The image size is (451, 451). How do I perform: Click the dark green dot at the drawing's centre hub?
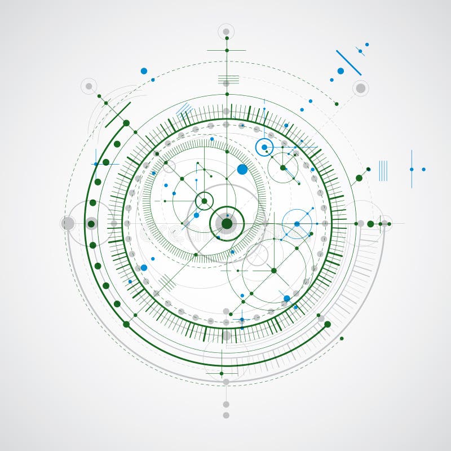[227, 224]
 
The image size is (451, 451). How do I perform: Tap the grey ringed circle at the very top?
[226, 32]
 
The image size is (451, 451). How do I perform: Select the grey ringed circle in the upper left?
[89, 86]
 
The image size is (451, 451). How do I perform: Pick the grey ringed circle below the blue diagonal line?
[360, 88]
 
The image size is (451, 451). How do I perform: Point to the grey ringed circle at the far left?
[68, 223]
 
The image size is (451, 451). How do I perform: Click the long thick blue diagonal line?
[348, 63]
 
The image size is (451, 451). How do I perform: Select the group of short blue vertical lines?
[383, 170]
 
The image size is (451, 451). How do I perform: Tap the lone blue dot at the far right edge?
[423, 169]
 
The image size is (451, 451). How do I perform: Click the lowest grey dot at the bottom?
[226, 415]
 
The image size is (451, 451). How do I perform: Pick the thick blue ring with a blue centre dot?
[264, 147]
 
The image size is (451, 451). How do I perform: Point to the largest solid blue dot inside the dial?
[242, 169]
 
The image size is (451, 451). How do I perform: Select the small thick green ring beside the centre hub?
[204, 201]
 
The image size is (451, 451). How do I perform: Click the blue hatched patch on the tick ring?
[184, 109]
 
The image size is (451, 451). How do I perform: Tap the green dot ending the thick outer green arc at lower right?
[328, 324]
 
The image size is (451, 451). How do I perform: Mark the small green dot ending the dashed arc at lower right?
[341, 338]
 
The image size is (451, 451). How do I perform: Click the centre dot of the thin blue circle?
[297, 224]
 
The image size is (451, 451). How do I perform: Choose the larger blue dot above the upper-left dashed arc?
[144, 71]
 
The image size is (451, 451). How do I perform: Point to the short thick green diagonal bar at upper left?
[118, 114]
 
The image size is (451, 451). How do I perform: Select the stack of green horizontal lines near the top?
[228, 79]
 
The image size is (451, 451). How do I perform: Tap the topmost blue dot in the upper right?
[367, 44]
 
